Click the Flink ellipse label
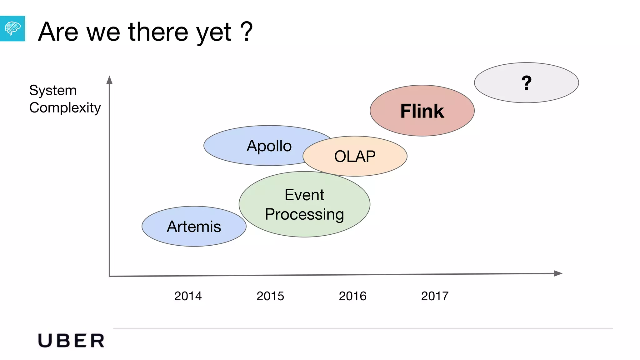pos(422,111)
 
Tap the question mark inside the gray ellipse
pos(527,83)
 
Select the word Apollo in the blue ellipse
pos(269,146)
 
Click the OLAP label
pos(355,156)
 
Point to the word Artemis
pos(194,227)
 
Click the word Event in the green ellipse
pos(304,195)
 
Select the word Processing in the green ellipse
pos(304,214)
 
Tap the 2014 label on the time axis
pos(188,296)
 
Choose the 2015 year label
pos(270,296)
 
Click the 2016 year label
pos(352,296)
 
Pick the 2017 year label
pos(435,296)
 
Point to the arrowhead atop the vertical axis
pos(109,80)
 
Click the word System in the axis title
pos(53,91)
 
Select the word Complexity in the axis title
pos(65,108)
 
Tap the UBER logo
pos(71,341)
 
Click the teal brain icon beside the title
pos(12,28)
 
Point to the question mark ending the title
pos(247,31)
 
